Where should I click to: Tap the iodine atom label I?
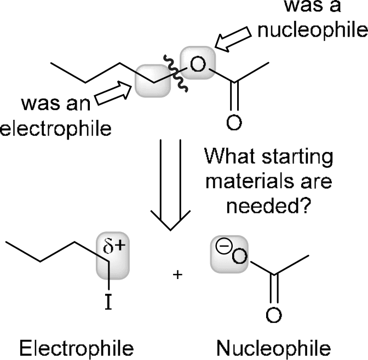coord(110,300)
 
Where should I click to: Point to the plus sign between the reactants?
coord(177,275)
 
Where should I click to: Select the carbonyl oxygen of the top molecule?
coord(233,122)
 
